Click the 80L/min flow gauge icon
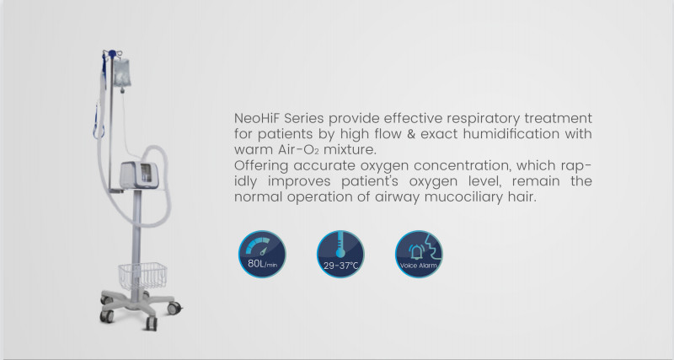(262, 254)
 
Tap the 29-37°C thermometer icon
(340, 254)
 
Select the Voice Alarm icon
(419, 254)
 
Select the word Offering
(261, 166)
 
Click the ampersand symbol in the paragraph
(411, 134)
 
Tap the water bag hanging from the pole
(122, 73)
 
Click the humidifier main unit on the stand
(139, 175)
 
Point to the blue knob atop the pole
(112, 54)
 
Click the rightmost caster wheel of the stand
(174, 308)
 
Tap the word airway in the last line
(397, 198)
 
